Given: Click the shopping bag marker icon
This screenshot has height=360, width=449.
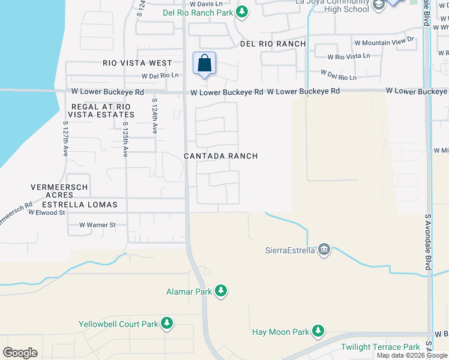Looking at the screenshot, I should tap(204, 63).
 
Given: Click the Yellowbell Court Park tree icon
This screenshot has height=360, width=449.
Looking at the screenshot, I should tap(166, 324).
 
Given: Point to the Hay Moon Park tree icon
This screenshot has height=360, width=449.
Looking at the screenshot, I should tap(318, 331).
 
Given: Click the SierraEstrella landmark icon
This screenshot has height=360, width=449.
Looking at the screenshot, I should tap(324, 250).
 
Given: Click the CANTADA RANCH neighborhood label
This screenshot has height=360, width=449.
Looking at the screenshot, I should tap(221, 156).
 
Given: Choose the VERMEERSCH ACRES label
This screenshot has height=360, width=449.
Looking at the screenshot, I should tap(59, 191).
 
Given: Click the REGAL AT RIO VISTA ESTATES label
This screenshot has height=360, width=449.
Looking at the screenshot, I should tap(101, 110).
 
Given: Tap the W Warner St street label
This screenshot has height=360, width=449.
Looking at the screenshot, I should tap(97, 225).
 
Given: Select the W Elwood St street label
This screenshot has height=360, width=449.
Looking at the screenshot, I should tap(46, 212).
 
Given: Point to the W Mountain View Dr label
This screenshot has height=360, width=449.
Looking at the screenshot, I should tap(385, 41).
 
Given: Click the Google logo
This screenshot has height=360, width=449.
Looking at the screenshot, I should tap(20, 353).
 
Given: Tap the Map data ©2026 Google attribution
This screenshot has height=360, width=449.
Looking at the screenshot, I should tap(412, 356).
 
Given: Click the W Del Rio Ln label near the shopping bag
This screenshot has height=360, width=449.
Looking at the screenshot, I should tap(160, 76).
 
